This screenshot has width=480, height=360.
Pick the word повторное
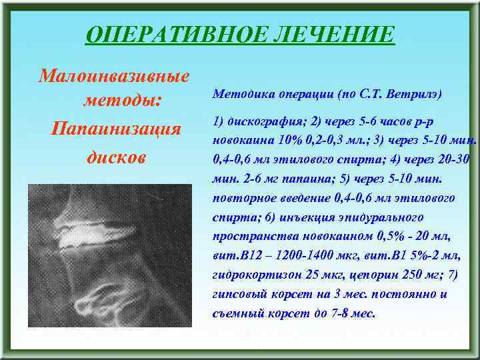[x=241, y=198]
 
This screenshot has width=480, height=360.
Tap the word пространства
[x=250, y=237]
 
